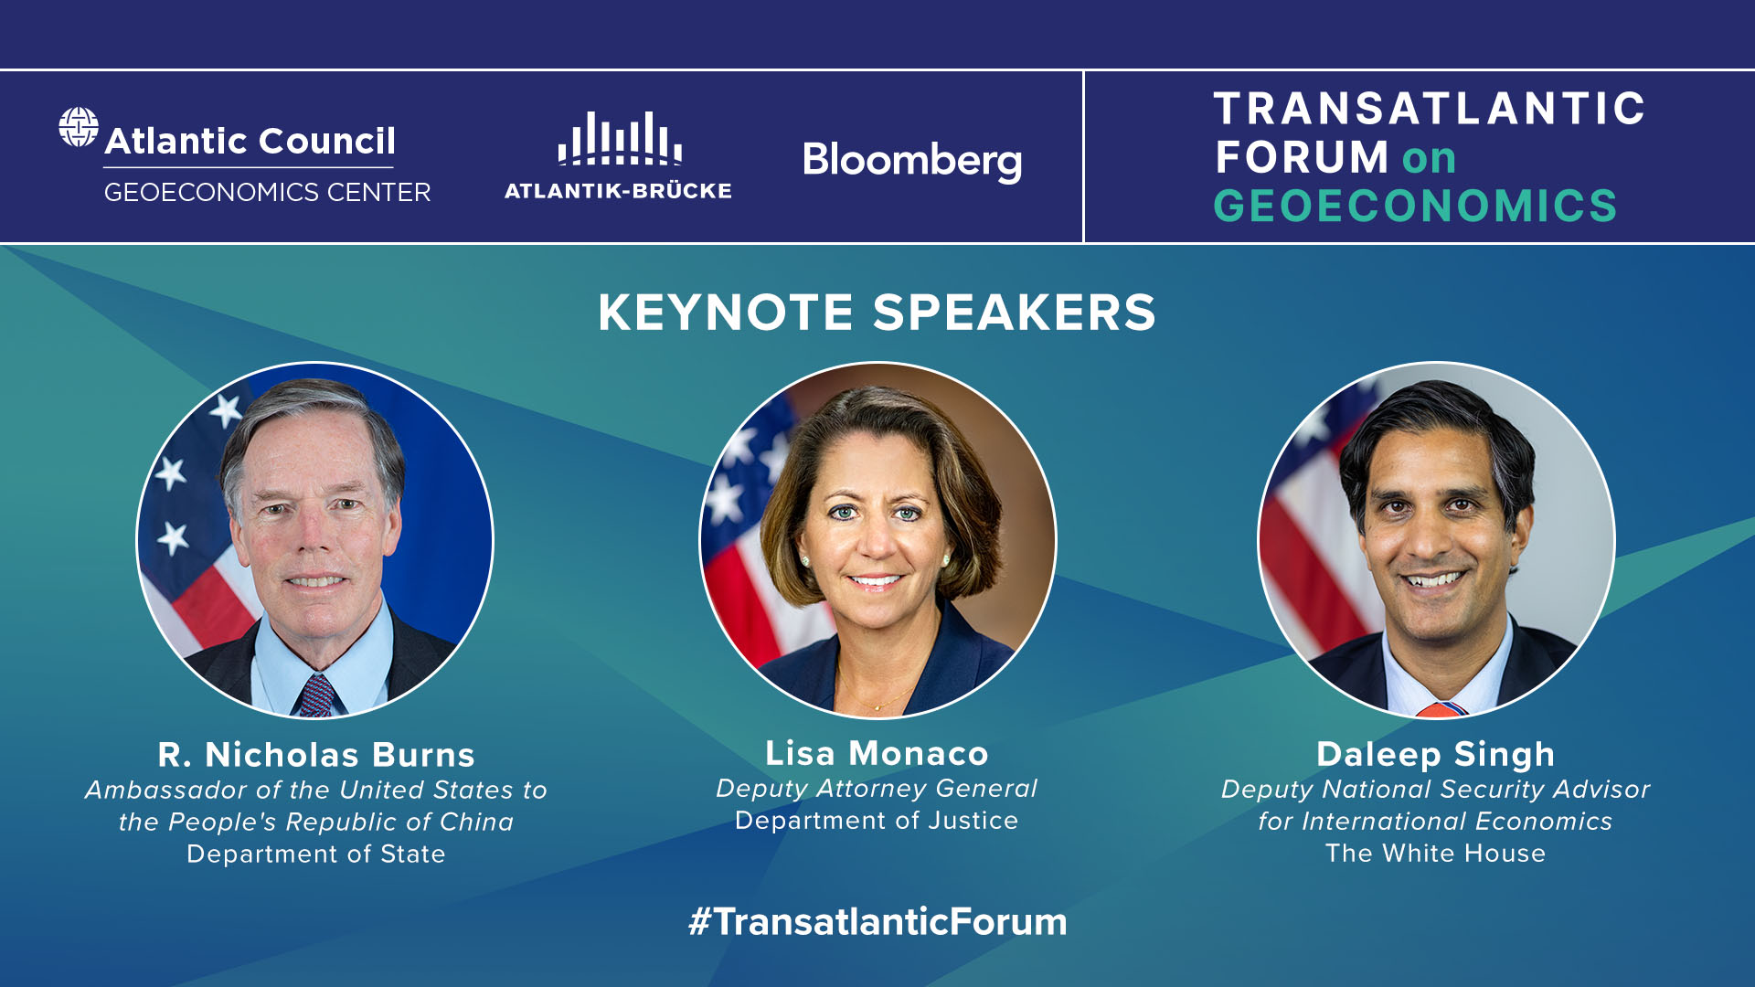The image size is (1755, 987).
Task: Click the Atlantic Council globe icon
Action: (x=79, y=126)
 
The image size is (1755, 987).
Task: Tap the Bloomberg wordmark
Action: (x=912, y=161)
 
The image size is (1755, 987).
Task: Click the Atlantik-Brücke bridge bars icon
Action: (x=620, y=138)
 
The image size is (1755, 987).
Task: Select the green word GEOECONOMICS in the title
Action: (x=1415, y=206)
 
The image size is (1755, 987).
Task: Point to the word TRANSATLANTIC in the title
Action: (x=1430, y=109)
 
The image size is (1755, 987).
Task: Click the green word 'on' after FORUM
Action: (x=1430, y=159)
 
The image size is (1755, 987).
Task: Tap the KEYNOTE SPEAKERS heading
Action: (x=877, y=313)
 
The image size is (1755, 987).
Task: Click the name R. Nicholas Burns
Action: (x=316, y=755)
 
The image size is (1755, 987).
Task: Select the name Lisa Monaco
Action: (x=877, y=753)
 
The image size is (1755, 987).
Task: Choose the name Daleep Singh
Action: (x=1436, y=755)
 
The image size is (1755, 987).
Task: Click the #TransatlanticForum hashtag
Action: (x=877, y=921)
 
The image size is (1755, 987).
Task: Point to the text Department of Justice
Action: (x=877, y=821)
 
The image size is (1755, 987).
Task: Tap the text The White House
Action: (x=1436, y=854)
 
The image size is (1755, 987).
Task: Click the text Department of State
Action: (x=316, y=854)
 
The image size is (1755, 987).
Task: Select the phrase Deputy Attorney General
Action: (x=877, y=789)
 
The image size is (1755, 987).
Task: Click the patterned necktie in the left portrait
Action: (x=316, y=695)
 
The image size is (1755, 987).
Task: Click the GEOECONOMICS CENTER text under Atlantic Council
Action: (x=267, y=193)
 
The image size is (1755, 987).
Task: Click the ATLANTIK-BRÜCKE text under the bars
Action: (x=618, y=191)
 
